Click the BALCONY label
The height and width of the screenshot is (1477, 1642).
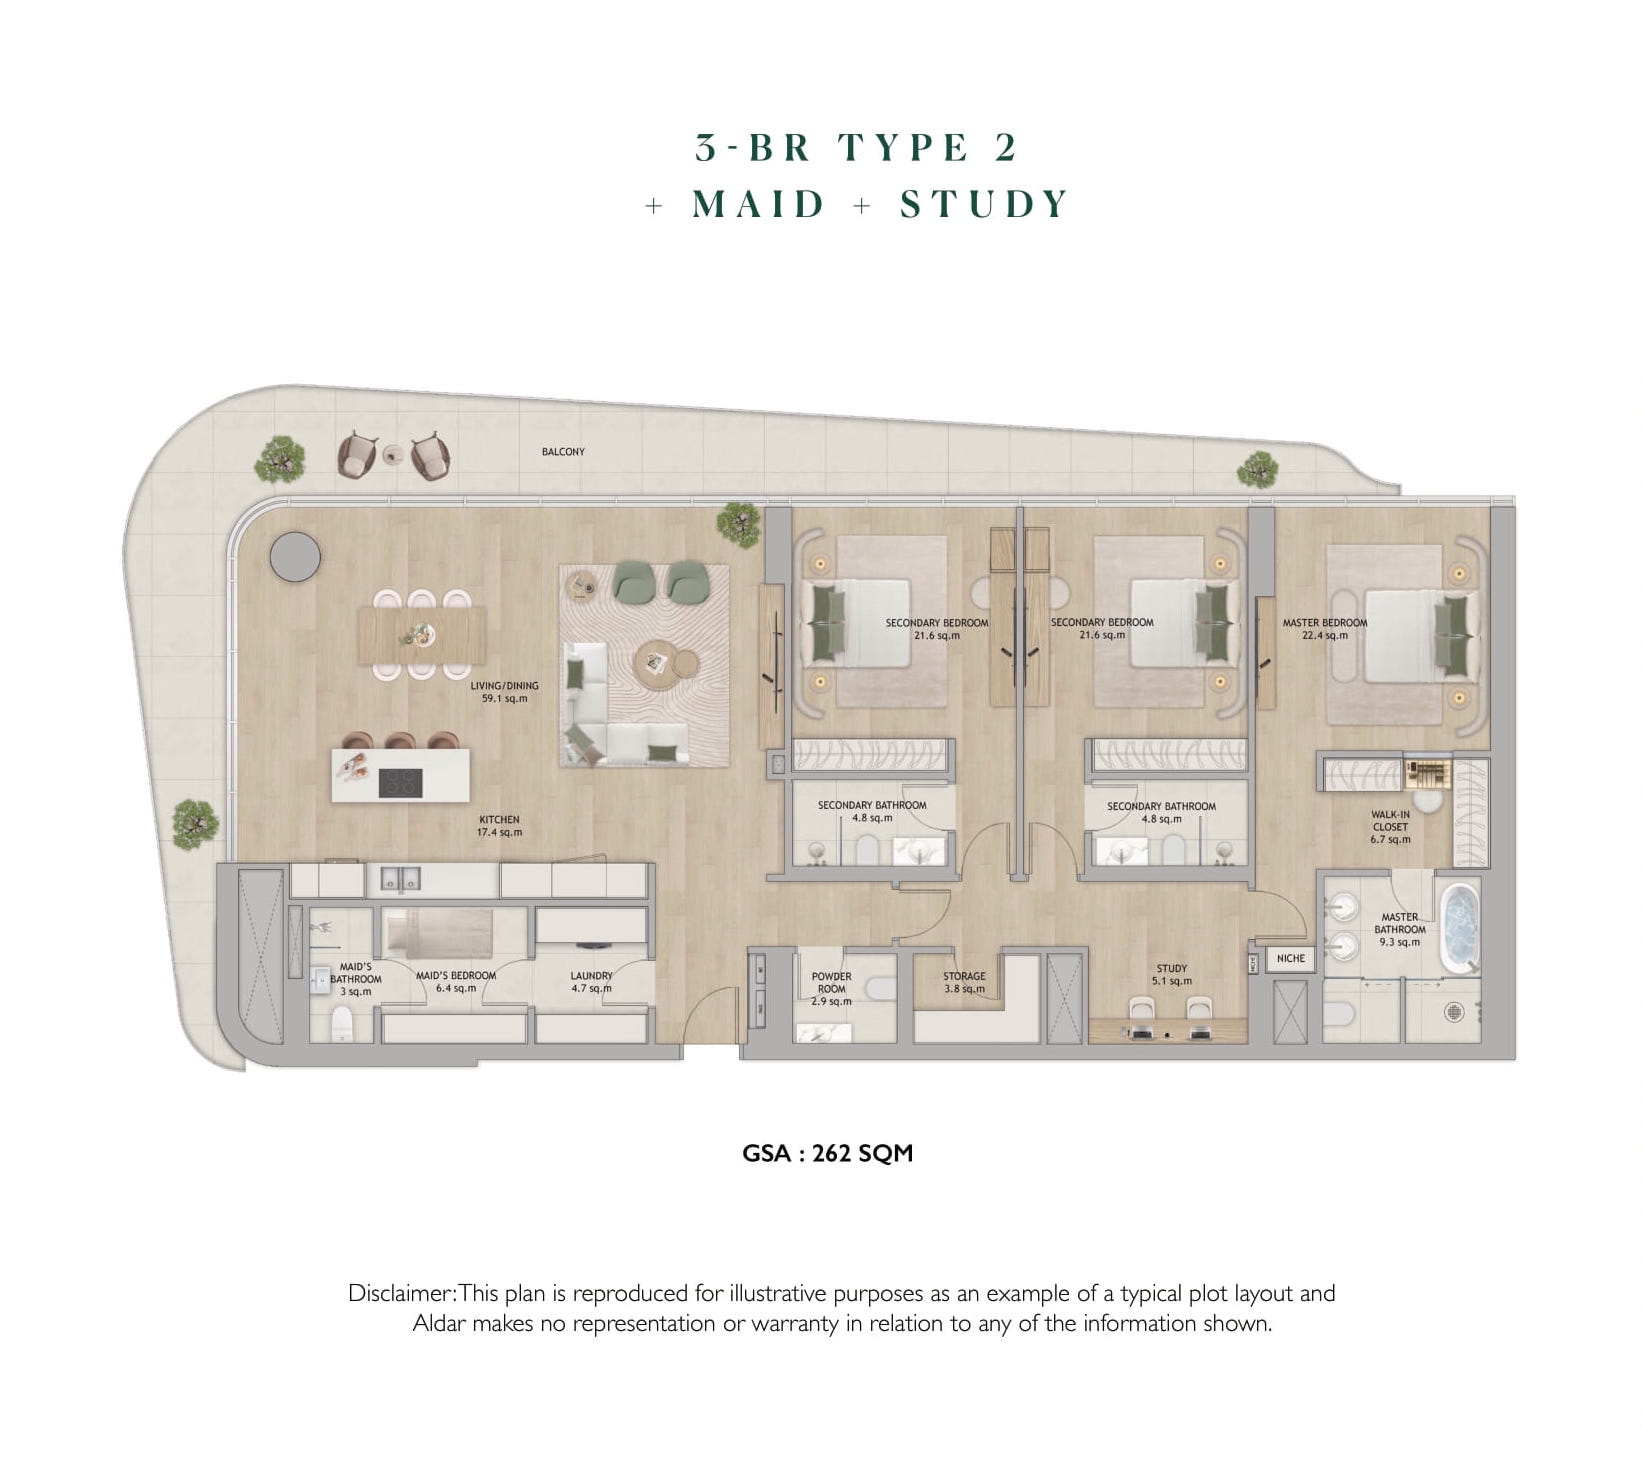tap(563, 452)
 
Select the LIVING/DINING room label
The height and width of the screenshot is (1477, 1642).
tap(504, 692)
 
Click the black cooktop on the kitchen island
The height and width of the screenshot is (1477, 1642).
tap(400, 782)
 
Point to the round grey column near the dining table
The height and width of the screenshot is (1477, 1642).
tap(295, 556)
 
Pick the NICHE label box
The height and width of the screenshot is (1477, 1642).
tap(1291, 958)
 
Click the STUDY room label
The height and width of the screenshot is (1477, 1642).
tap(1172, 975)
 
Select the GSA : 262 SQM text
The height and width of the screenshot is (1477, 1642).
tap(827, 1153)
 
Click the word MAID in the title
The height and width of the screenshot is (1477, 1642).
tap(759, 204)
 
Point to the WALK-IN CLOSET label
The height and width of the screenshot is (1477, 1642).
tap(1390, 827)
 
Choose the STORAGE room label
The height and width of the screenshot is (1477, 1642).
tap(964, 983)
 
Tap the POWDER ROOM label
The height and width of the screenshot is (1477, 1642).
tap(831, 989)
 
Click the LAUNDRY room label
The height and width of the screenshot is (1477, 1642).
tap(592, 982)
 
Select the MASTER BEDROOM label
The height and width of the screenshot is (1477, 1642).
tap(1325, 629)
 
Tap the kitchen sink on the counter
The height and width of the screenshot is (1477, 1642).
tap(400, 880)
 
